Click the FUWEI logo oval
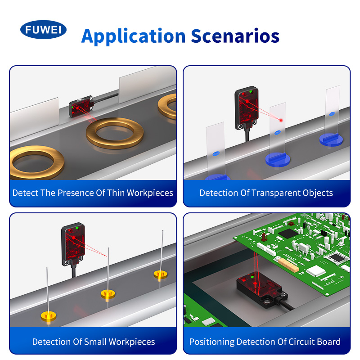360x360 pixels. (x=43, y=30)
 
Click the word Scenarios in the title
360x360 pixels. (x=235, y=36)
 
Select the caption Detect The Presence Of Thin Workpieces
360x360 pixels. (x=93, y=193)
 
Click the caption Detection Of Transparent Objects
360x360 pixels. (x=266, y=193)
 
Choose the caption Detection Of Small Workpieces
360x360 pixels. (x=94, y=342)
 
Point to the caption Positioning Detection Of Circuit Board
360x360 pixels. (x=265, y=342)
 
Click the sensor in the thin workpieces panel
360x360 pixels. (x=81, y=106)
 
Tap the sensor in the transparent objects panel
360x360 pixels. (x=247, y=108)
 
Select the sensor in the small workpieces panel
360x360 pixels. (x=73, y=244)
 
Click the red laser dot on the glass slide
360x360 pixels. (x=281, y=120)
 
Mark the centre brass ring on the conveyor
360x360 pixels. (x=115, y=133)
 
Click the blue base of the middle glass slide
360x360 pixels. (x=278, y=159)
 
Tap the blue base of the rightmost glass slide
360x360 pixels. (x=331, y=139)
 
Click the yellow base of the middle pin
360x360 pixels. (x=108, y=294)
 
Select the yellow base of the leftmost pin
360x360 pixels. (x=49, y=316)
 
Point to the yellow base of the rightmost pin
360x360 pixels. (x=161, y=274)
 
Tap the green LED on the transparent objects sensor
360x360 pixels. (x=251, y=92)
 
